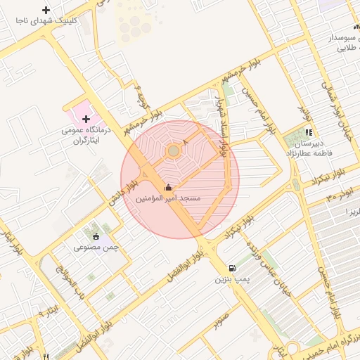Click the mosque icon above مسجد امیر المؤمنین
(167, 188)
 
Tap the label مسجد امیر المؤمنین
(168, 199)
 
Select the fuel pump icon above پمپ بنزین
(232, 269)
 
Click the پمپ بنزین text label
(231, 280)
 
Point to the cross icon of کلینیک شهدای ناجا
(46, 10)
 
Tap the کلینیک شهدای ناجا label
(46, 21)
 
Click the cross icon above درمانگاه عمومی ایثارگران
(86, 119)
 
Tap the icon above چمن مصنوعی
(96, 236)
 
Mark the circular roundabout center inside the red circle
(173, 150)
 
